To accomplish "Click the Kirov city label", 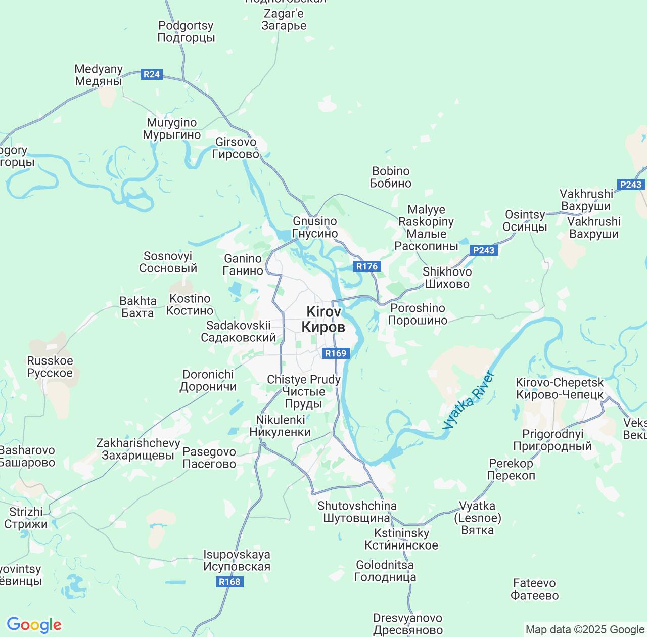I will tap(323, 320).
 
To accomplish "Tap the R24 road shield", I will tap(151, 74).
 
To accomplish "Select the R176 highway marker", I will tap(366, 266).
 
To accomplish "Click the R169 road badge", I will tap(335, 353).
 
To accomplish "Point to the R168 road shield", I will tap(229, 582).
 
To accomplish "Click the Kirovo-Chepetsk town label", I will tap(560, 388).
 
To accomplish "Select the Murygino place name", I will tap(172, 129).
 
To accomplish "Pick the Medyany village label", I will tap(99, 75).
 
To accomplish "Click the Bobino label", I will tap(391, 177).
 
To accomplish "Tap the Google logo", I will tap(34, 625).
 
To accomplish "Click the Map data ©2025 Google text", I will tap(585, 630).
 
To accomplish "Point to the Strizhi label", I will tap(26, 518).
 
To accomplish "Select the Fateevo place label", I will tap(534, 589).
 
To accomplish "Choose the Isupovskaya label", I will tap(237, 561).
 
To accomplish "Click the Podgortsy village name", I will tap(186, 31).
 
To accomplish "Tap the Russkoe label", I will tap(50, 367).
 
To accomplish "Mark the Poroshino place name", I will tap(418, 314).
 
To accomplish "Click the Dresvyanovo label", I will tap(407, 624).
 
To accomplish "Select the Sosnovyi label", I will tap(168, 262).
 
